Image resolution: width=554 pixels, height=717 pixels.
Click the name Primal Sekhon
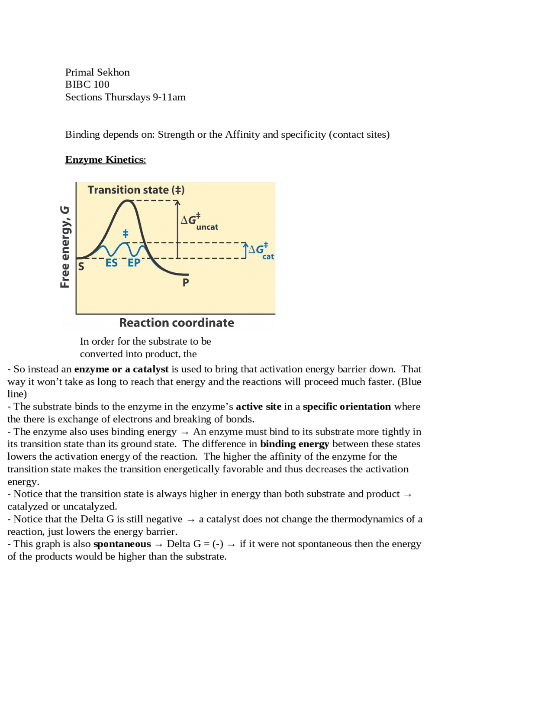[x=97, y=72]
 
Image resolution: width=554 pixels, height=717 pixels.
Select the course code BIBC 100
[x=87, y=84]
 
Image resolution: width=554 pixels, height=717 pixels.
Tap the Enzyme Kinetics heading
[x=105, y=160]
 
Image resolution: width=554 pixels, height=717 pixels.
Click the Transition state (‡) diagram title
[x=136, y=190]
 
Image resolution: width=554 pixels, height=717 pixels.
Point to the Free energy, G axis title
[x=65, y=247]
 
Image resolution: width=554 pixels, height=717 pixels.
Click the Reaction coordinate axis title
[x=177, y=323]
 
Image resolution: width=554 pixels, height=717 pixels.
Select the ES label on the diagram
[x=112, y=263]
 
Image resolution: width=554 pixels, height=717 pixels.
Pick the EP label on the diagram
[x=134, y=263]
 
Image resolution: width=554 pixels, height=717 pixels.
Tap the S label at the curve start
[x=81, y=267]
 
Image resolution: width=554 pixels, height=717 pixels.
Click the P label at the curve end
[x=186, y=283]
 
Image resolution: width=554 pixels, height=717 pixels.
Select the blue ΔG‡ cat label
[x=261, y=251]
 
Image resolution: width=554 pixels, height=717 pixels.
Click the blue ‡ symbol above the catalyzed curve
[x=126, y=234]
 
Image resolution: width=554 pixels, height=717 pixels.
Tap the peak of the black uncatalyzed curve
[x=127, y=201]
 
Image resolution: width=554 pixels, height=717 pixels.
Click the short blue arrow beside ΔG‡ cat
[x=246, y=251]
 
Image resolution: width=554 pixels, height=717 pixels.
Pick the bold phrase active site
[x=258, y=407]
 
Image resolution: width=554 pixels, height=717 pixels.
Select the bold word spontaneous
[x=122, y=544]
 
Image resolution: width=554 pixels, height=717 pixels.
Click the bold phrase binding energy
[x=294, y=444]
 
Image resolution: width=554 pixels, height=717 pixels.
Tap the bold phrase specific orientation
[x=347, y=407]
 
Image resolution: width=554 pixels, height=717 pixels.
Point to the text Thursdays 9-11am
[x=145, y=97]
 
